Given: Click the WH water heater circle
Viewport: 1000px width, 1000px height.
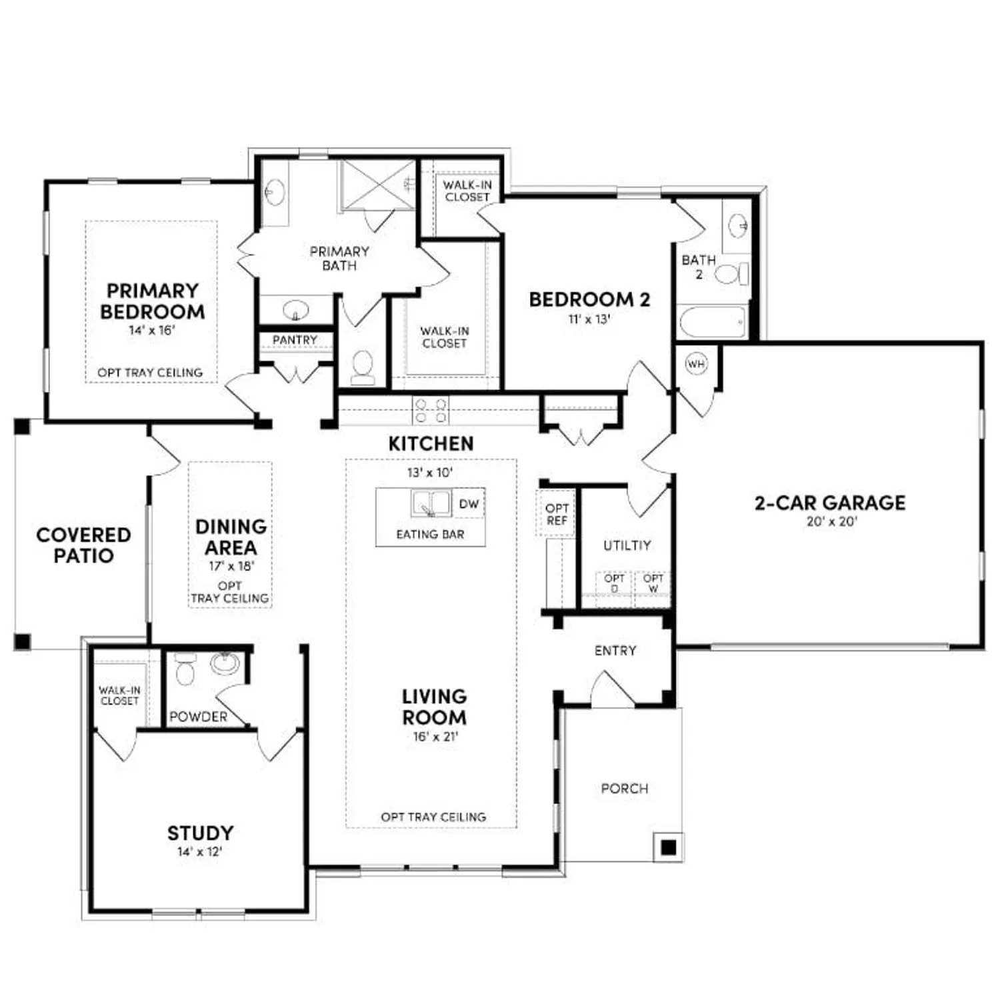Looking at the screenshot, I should [x=695, y=364].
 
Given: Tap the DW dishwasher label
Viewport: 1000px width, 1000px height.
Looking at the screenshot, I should [x=469, y=504].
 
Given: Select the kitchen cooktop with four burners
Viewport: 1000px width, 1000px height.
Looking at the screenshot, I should [x=430, y=411].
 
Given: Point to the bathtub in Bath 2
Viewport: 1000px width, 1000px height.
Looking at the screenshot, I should [x=712, y=323].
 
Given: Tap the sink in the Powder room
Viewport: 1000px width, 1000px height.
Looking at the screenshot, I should [x=225, y=664].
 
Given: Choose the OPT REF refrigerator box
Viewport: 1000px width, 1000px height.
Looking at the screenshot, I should [x=556, y=514].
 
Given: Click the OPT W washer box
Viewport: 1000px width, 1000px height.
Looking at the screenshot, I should [x=653, y=584].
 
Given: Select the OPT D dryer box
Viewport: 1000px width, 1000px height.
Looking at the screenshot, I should [x=614, y=584].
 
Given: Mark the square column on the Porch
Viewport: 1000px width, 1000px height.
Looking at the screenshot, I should [x=668, y=847].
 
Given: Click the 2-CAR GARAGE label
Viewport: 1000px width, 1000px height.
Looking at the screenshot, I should [x=830, y=503].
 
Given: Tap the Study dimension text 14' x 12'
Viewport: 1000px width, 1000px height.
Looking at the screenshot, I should [x=199, y=852].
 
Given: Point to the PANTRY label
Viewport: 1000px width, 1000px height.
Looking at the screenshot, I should [x=295, y=340].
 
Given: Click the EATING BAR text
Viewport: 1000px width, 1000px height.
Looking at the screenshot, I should [x=430, y=534].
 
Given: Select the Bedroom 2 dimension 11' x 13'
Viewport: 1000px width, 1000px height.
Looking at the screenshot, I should [x=589, y=319].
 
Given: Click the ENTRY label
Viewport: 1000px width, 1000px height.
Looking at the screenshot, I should [x=615, y=651].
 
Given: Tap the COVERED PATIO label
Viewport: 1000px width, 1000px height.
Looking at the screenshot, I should [x=83, y=545].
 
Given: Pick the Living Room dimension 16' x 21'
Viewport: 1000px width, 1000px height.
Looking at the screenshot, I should [x=435, y=737].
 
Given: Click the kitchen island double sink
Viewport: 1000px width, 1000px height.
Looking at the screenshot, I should [x=431, y=503].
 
